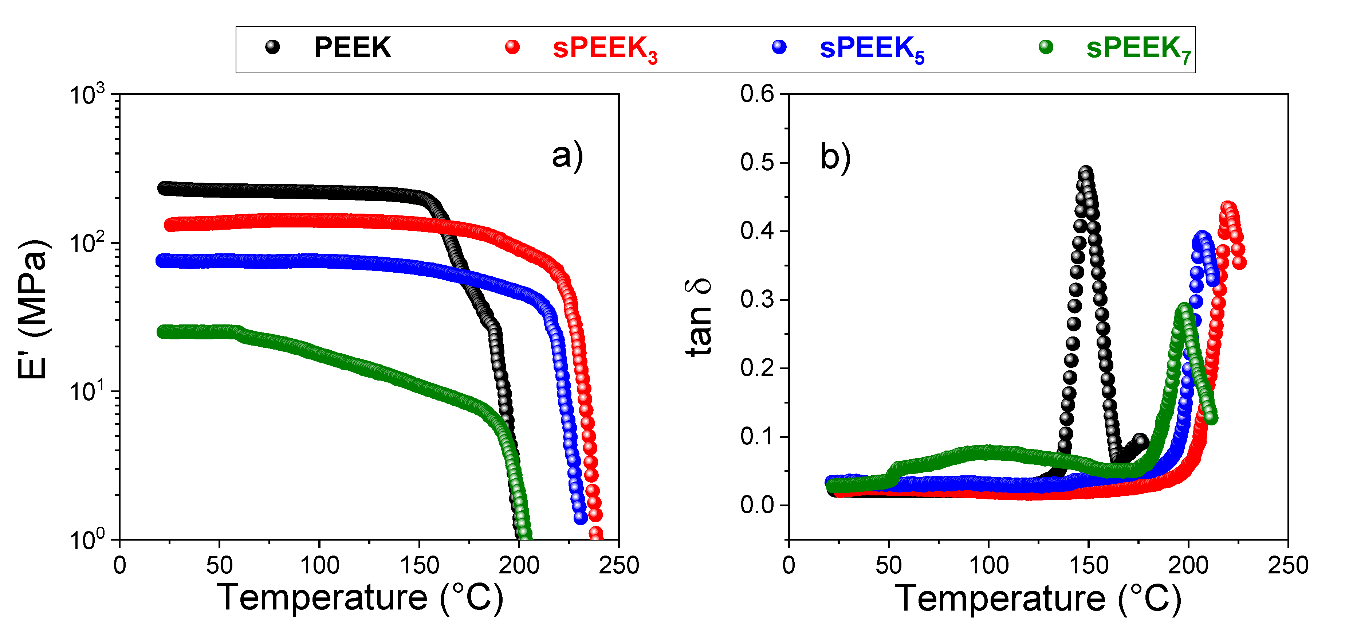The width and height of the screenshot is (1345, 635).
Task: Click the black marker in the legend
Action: click(x=272, y=47)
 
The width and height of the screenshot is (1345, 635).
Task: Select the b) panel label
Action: click(x=835, y=156)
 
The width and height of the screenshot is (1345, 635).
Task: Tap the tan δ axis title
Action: click(x=699, y=317)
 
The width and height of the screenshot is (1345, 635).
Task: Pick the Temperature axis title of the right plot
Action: click(x=1038, y=597)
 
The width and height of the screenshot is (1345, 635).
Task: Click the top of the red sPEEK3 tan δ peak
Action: click(x=1227, y=207)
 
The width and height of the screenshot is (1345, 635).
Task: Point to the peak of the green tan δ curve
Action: click(x=1184, y=309)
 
